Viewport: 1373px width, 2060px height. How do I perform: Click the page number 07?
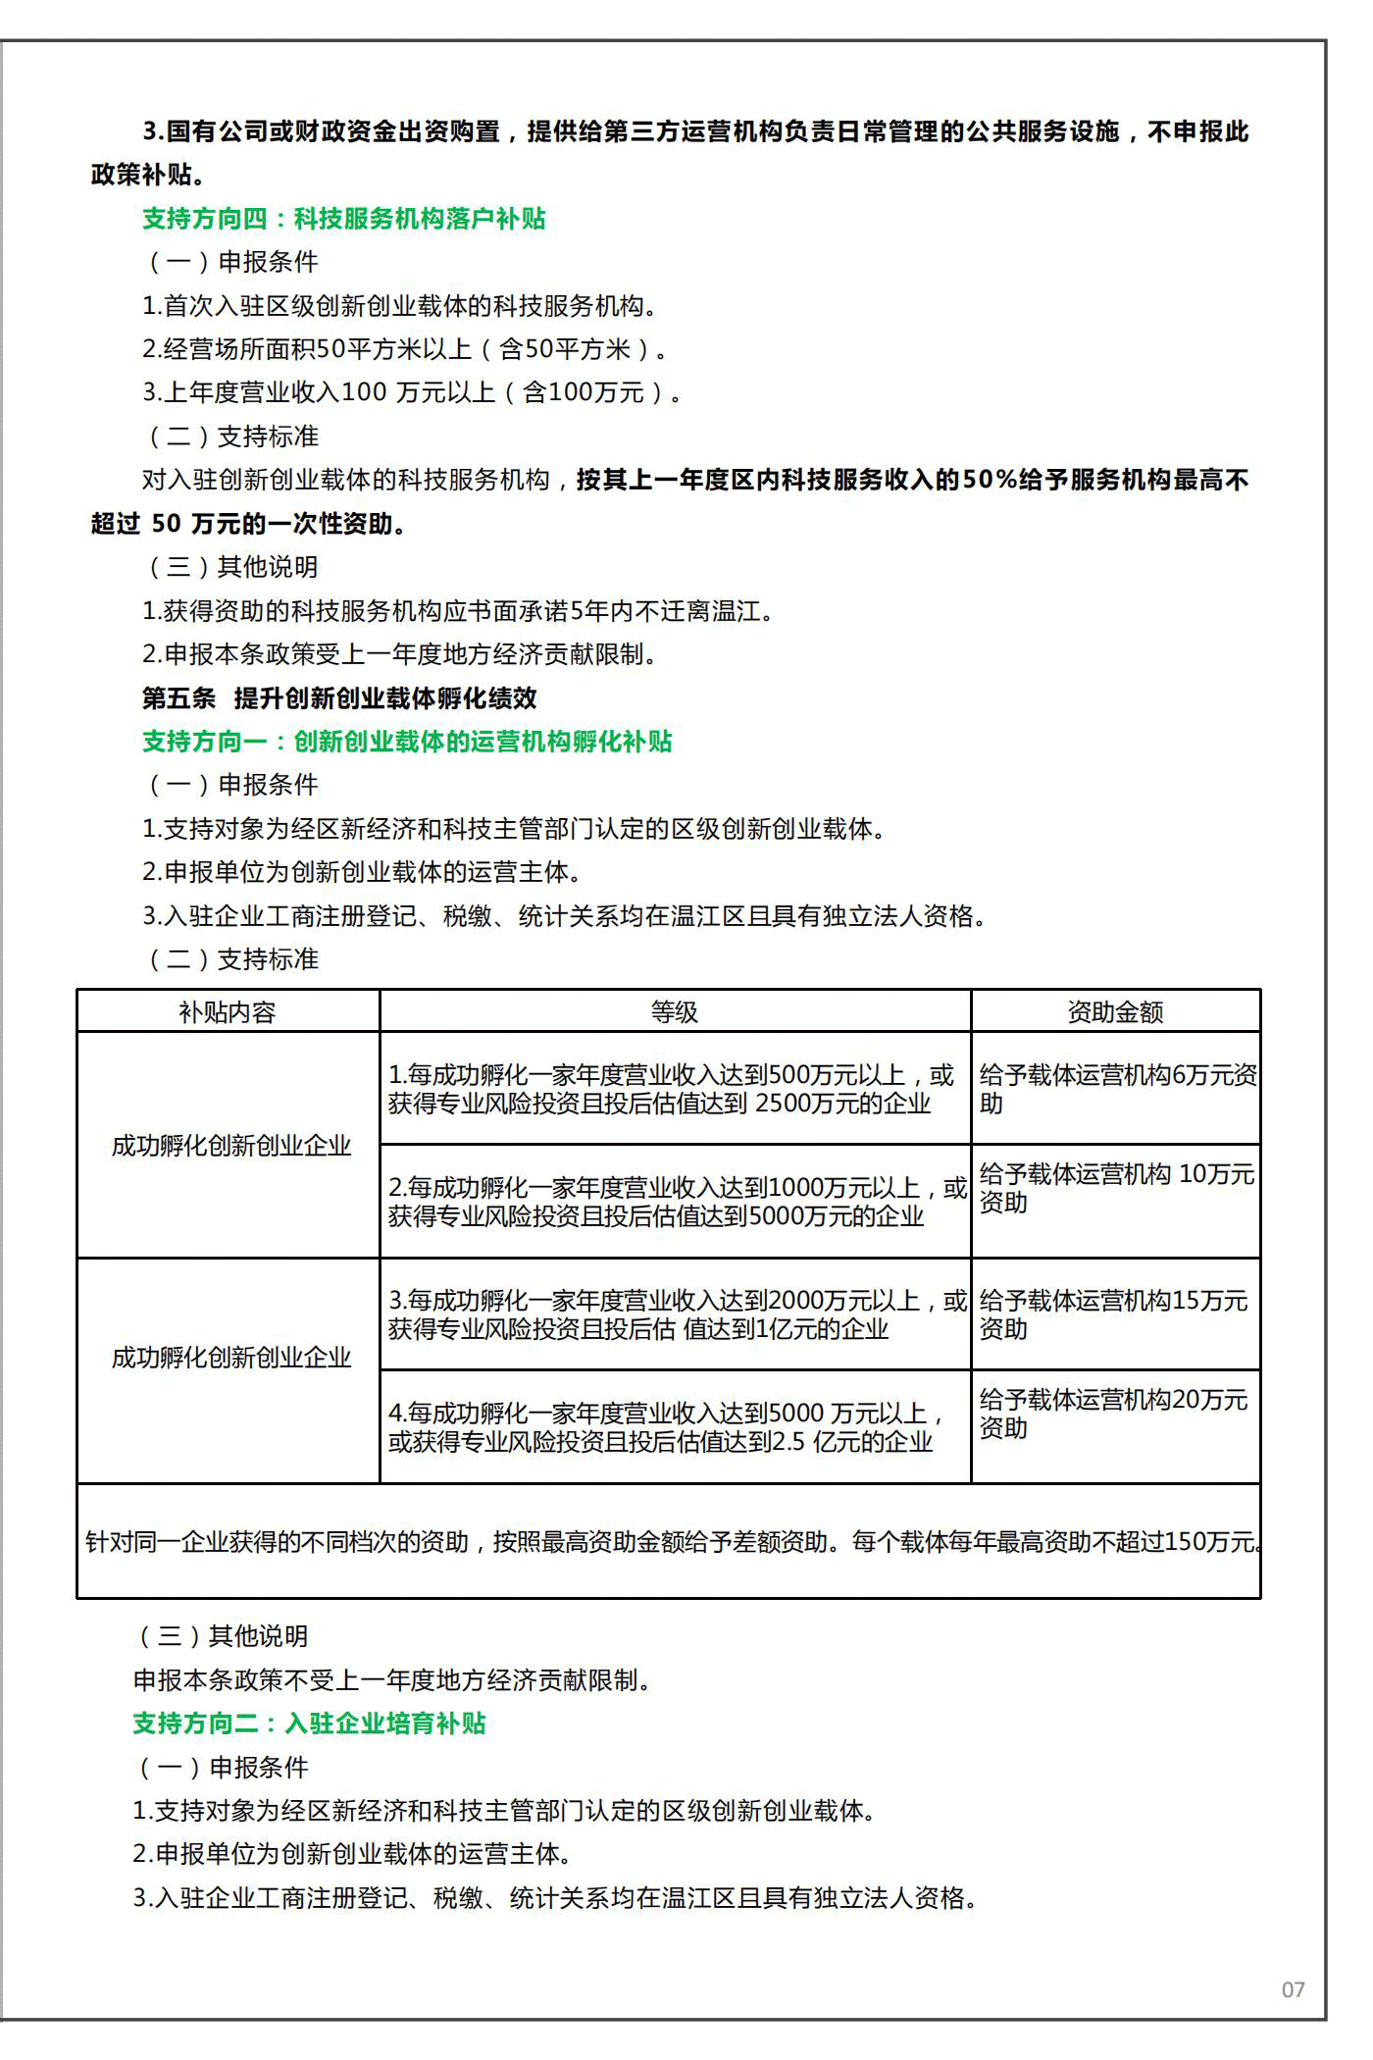(1293, 1989)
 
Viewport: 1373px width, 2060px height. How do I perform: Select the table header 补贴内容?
(228, 1012)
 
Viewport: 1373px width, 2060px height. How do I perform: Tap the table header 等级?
(675, 1012)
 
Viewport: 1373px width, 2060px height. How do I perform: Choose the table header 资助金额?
(1115, 1012)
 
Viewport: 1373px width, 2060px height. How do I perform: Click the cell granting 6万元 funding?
(1116, 1089)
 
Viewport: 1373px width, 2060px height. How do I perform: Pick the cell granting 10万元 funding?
(1116, 1188)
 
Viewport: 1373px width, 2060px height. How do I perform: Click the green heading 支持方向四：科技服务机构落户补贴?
(344, 219)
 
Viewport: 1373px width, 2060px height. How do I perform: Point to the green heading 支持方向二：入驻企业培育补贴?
(310, 1724)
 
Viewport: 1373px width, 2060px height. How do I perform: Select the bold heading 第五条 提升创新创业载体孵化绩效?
(339, 698)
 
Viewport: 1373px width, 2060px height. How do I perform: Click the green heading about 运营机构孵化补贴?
(407, 742)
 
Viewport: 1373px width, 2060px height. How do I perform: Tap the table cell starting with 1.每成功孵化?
(671, 1089)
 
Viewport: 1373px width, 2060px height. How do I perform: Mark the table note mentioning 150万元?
(671, 1541)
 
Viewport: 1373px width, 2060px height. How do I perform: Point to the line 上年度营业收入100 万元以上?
(412, 392)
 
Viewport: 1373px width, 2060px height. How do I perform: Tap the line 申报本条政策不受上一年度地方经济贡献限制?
(392, 1680)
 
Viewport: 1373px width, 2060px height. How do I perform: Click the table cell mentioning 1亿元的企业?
(677, 1314)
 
